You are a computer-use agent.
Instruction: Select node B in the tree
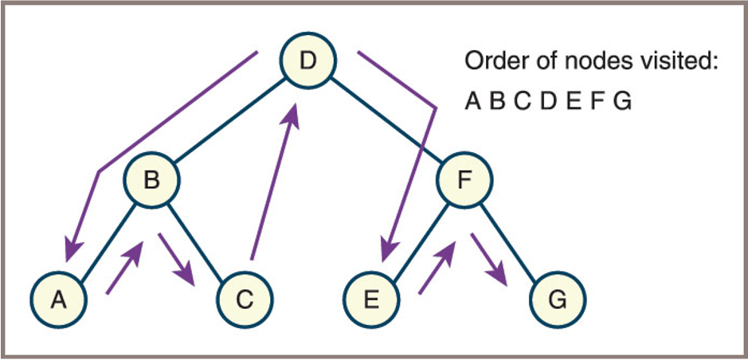tap(151, 182)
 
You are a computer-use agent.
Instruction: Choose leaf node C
tap(245, 299)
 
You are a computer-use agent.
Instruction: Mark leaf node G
tap(558, 299)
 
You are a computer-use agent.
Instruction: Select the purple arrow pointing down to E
tap(414, 159)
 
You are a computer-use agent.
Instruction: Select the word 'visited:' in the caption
tap(684, 62)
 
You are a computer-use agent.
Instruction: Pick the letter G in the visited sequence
tap(623, 102)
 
